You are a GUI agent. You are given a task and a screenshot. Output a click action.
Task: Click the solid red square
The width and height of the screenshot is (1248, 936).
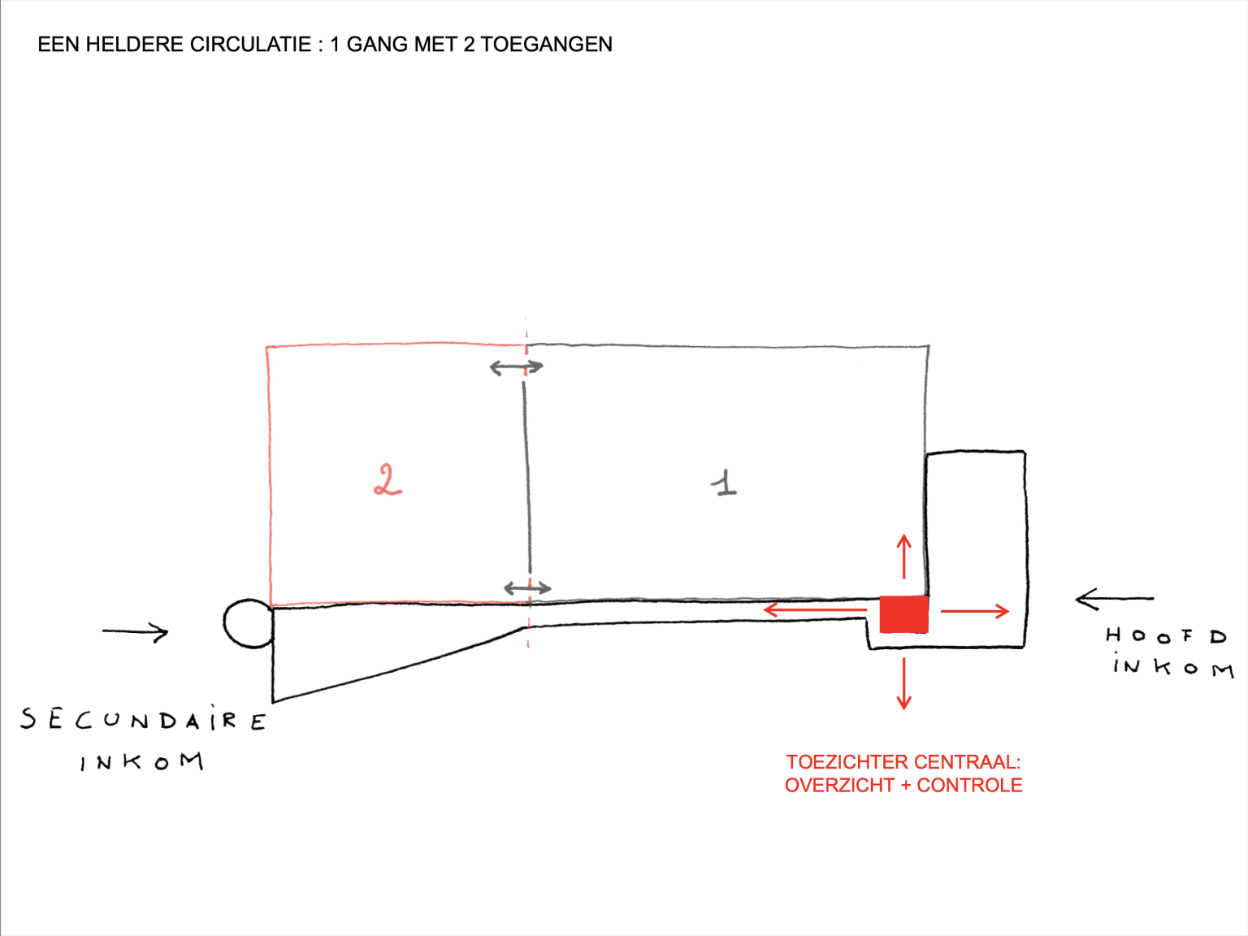[904, 614]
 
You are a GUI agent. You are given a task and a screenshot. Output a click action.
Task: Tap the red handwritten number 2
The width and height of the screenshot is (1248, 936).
[388, 479]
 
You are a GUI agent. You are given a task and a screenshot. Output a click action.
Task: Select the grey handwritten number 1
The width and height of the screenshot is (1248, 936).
[724, 483]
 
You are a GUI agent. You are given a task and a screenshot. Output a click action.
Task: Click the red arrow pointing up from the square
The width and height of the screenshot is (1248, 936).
[904, 557]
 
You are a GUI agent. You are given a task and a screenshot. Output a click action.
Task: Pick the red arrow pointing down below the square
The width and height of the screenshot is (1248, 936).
[904, 683]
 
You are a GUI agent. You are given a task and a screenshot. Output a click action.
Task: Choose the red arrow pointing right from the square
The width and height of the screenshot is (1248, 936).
[975, 612]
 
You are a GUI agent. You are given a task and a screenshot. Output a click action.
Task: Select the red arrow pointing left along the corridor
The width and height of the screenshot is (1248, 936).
[815, 610]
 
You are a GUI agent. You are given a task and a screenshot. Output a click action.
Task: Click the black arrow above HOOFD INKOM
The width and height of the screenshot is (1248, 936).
[1115, 599]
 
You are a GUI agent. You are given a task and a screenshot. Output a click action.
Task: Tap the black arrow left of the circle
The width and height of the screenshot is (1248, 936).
[136, 632]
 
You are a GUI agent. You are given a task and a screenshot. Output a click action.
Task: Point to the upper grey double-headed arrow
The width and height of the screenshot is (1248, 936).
[516, 367]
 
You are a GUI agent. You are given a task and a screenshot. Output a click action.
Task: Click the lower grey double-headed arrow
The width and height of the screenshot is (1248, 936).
[527, 588]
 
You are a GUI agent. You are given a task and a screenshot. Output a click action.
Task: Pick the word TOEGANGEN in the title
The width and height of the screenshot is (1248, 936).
[546, 45]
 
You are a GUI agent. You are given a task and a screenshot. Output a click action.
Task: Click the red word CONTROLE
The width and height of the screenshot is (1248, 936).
[970, 786]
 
